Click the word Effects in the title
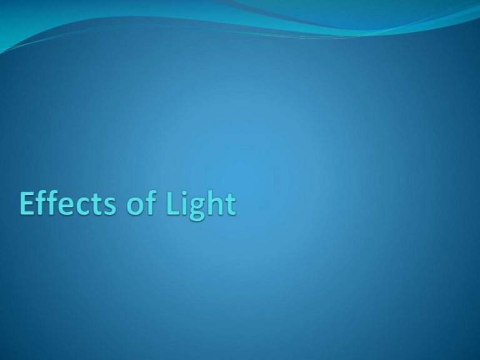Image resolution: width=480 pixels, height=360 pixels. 68,202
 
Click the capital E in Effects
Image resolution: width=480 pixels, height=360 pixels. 27,203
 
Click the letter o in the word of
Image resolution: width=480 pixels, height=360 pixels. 135,206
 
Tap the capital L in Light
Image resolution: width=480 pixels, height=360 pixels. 174,203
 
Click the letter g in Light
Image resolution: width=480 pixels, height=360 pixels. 200,210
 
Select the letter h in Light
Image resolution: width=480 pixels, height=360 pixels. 219,202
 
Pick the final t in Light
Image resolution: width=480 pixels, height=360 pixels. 231,204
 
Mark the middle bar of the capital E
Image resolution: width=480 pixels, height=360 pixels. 27,202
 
